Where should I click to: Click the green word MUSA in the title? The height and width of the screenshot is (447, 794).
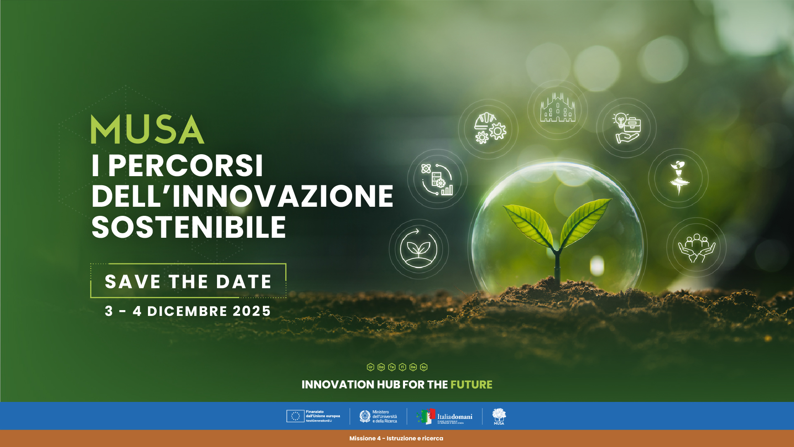(x=148, y=129)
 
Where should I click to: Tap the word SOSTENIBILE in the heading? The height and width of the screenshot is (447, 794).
(x=188, y=227)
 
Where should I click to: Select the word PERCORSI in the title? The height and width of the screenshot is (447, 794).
(x=186, y=166)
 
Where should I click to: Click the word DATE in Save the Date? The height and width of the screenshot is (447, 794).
(x=244, y=282)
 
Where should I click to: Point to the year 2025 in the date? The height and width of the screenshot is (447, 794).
(x=252, y=311)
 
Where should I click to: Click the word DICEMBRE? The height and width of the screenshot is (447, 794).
(x=187, y=311)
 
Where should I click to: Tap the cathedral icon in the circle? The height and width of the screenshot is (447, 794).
(x=558, y=109)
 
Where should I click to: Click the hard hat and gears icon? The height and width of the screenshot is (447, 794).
(x=489, y=129)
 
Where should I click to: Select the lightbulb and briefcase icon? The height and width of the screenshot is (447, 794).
(x=627, y=128)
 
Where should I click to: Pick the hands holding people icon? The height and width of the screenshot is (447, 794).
(x=696, y=248)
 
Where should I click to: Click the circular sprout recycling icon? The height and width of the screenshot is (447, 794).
(x=418, y=249)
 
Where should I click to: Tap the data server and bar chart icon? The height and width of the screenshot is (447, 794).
(x=437, y=179)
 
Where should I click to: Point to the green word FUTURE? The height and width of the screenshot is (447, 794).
(x=471, y=385)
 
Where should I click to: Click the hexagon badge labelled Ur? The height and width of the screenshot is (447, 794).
(x=370, y=367)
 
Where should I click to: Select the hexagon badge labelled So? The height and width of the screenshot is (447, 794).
(x=424, y=367)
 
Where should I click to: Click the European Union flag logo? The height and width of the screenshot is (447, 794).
(x=295, y=416)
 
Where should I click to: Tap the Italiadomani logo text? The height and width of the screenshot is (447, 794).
(x=455, y=416)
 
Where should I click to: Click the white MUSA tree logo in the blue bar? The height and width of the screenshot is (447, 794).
(x=499, y=416)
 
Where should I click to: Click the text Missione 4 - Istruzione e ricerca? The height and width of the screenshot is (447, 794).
(x=396, y=438)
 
